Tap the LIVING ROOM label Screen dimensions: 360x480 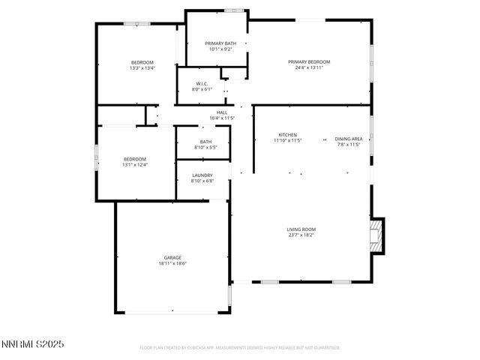click(x=301, y=229)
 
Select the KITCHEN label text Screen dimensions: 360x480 click(x=287, y=134)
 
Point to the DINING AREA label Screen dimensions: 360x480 click(x=348, y=139)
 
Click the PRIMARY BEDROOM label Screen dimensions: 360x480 click(x=309, y=61)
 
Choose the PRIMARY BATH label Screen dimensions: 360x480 click(x=220, y=43)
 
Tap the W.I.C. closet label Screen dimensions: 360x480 click(x=202, y=83)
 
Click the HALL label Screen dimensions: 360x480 click(x=222, y=112)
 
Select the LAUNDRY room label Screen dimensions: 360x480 click(x=202, y=175)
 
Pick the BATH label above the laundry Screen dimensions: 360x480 click(x=205, y=142)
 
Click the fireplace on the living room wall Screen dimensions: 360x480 click(x=378, y=234)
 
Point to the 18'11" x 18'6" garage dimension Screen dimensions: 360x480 click(x=172, y=263)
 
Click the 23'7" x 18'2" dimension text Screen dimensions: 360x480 click(x=301, y=235)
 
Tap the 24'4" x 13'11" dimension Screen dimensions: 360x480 click(x=309, y=67)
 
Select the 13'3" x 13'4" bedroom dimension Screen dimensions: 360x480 click(x=142, y=68)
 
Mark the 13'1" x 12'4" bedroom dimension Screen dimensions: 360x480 click(x=135, y=164)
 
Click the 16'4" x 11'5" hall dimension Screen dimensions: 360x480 click(x=222, y=118)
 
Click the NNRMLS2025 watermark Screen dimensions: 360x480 click(x=34, y=344)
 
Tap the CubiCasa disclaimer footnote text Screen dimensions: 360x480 click(x=240, y=348)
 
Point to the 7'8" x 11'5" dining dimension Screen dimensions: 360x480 click(x=348, y=144)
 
